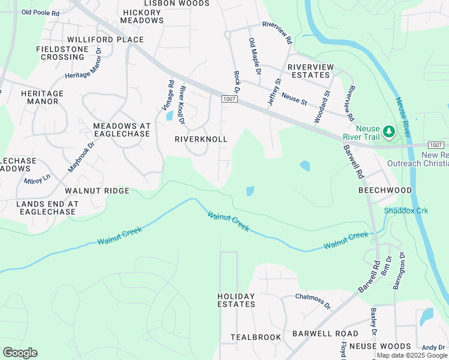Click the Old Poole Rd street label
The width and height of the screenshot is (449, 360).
pos(40,12)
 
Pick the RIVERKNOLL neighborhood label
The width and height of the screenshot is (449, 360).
pos(201,139)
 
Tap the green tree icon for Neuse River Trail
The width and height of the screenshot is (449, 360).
pos(388,130)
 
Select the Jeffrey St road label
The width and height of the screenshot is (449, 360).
pos(274,91)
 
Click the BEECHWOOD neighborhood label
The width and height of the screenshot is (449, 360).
pos(385,190)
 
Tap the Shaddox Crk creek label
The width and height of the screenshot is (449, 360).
pos(406,211)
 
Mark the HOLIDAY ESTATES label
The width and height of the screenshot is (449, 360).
pos(236,300)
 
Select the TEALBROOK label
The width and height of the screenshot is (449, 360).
pos(256,337)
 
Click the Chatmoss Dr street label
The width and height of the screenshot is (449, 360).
pos(313,301)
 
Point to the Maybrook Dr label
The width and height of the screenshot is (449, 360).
pos(82,157)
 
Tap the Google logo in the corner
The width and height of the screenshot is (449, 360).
pos(20,353)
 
